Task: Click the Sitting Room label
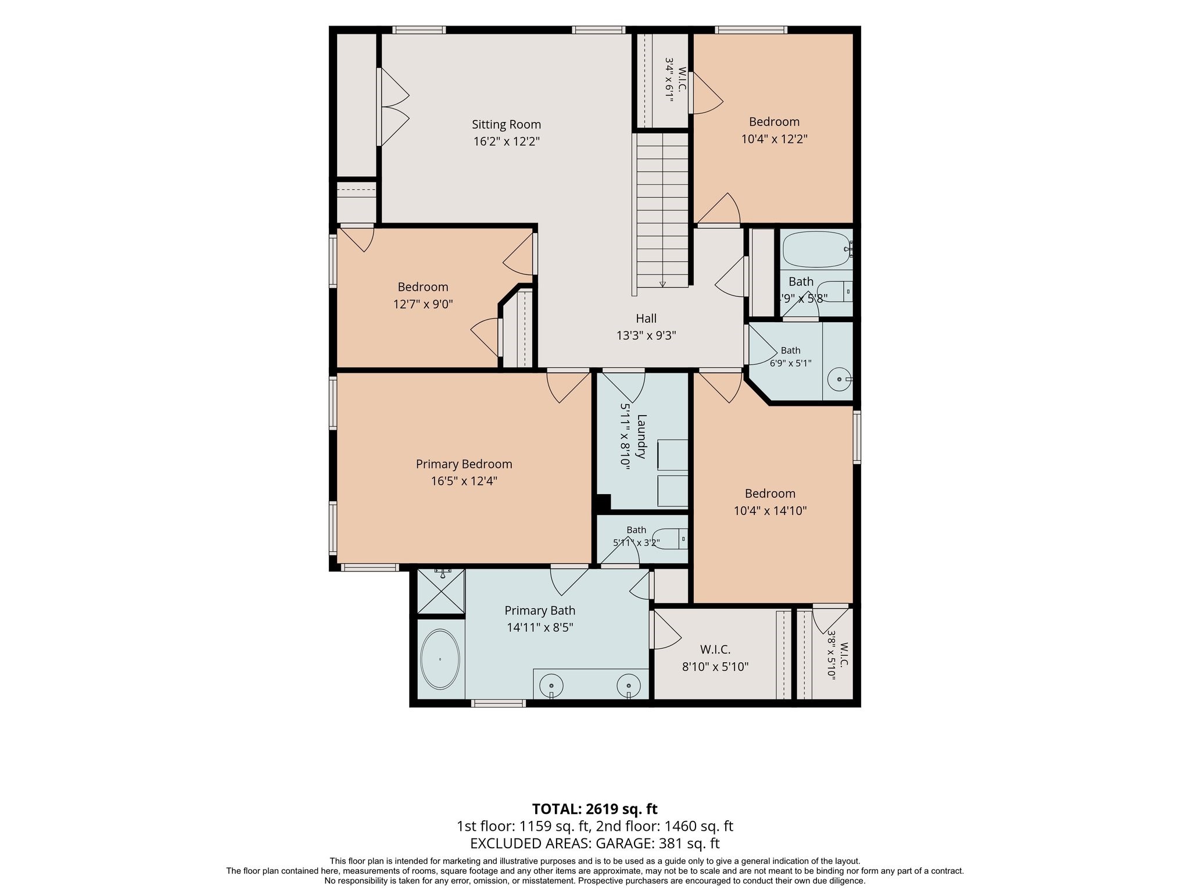[506, 124]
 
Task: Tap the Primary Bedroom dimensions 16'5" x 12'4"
[464, 481]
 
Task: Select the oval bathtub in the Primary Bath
[440, 659]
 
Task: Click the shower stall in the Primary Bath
[442, 591]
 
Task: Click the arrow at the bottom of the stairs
[662, 283]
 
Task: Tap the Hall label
[646, 319]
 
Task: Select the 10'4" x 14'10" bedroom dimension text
[770, 511]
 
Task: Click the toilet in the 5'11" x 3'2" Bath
[669, 539]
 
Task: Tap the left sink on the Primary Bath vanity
[551, 685]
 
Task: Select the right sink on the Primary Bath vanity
[629, 685]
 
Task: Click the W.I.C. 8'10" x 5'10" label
[715, 658]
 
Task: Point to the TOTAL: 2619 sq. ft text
[594, 809]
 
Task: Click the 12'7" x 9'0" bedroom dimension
[423, 304]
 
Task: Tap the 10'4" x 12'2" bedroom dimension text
[775, 139]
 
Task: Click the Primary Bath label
[540, 610]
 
